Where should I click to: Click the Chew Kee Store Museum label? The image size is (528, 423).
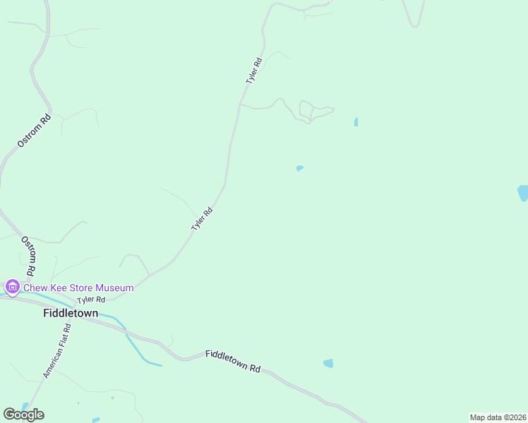pos(78,288)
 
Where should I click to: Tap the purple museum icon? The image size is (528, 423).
pos(12,287)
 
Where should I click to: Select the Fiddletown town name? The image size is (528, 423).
pos(71,313)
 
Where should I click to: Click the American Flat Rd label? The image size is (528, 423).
pos(58,350)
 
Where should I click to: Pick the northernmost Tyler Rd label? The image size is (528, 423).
pos(254,71)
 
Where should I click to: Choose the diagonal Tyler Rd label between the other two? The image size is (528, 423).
pos(202,219)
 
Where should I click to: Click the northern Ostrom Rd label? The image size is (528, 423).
pos(34,131)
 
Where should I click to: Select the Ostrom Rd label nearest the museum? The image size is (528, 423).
pos(29,256)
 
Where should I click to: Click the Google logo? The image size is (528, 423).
pos(23,414)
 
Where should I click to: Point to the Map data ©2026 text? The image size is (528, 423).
pos(498,417)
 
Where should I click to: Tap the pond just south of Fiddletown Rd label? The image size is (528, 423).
pos(328,363)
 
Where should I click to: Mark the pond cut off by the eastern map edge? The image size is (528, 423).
pos(523,192)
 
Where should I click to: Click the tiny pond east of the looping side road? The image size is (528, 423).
pos(356,122)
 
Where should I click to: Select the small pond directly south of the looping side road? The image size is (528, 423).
pos(300,168)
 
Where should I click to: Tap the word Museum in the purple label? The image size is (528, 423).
pos(113,288)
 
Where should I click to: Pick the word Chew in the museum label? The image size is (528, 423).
pos(35,288)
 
